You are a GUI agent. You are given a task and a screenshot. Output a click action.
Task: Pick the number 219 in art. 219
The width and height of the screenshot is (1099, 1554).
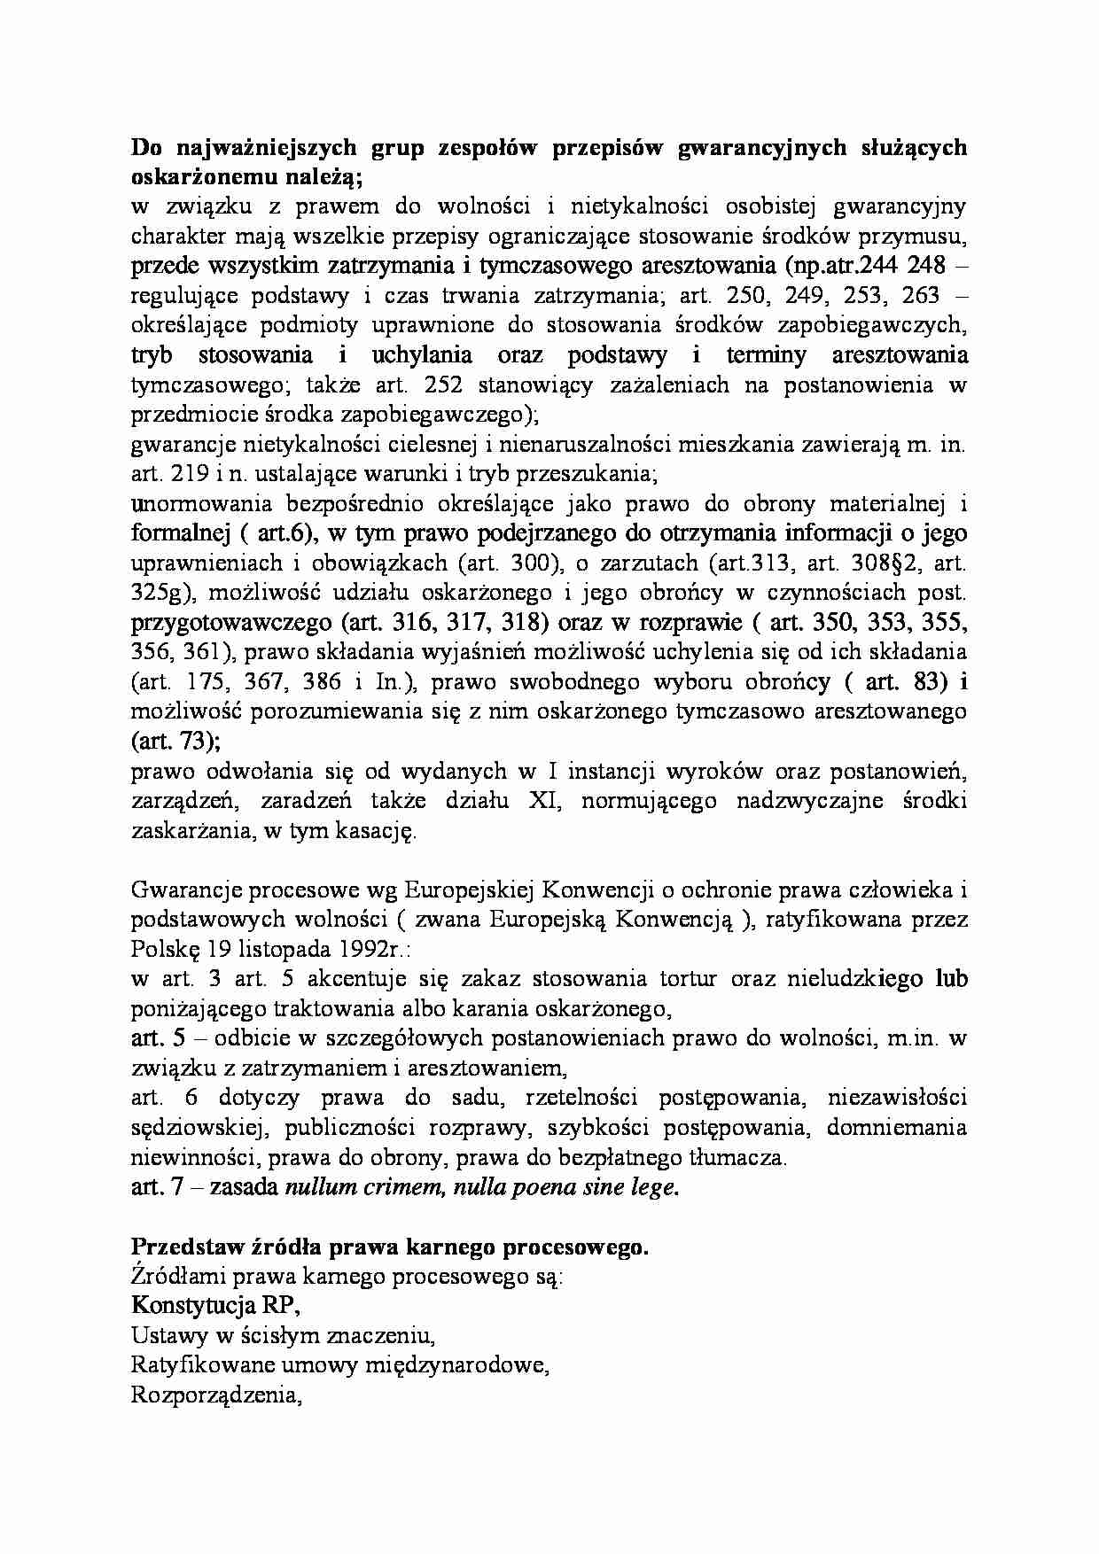click(x=191, y=473)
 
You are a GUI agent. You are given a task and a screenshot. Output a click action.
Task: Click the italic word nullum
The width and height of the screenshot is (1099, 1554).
click(x=319, y=1187)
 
